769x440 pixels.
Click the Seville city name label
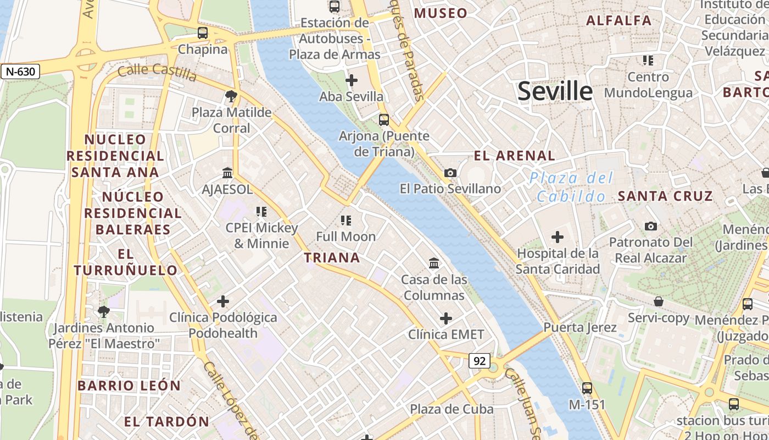[555, 91]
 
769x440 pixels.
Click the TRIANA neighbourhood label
[332, 257]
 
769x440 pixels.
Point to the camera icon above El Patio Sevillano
[450, 173]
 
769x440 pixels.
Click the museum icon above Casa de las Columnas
[434, 263]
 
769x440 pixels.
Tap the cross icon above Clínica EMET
[446, 318]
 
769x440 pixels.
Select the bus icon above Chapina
[203, 33]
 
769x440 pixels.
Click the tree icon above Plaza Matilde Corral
[231, 96]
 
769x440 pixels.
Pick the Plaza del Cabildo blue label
[571, 187]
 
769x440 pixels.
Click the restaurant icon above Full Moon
[346, 221]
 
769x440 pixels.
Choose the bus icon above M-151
[587, 388]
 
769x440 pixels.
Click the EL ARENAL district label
[514, 156]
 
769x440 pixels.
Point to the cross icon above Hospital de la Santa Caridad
[558, 237]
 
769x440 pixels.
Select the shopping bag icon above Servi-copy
[658, 301]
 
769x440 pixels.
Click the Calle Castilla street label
[157, 72]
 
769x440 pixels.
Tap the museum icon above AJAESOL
[227, 173]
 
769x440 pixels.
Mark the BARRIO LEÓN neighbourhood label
[129, 386]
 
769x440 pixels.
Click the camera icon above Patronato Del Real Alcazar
[651, 226]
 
